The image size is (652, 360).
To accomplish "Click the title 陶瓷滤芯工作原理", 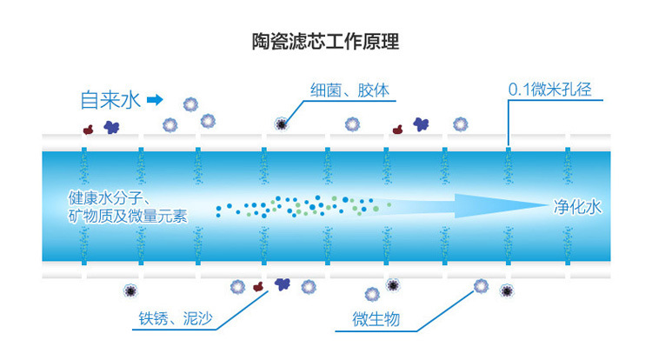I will click(x=325, y=41).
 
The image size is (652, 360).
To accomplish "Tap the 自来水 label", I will click(x=109, y=99).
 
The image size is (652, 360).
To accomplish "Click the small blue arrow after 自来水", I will click(x=155, y=99).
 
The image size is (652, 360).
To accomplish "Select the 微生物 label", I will click(x=376, y=318).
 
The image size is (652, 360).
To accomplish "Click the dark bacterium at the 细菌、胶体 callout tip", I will click(x=281, y=123).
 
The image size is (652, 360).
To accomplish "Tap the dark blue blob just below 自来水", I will click(x=111, y=127).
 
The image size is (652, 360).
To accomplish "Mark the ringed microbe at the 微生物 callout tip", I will click(x=482, y=285).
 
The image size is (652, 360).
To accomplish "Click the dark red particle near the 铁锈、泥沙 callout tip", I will click(x=257, y=285).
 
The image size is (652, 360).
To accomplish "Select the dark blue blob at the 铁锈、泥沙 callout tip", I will click(x=282, y=283).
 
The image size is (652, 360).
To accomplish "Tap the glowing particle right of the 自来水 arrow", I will click(x=190, y=103).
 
